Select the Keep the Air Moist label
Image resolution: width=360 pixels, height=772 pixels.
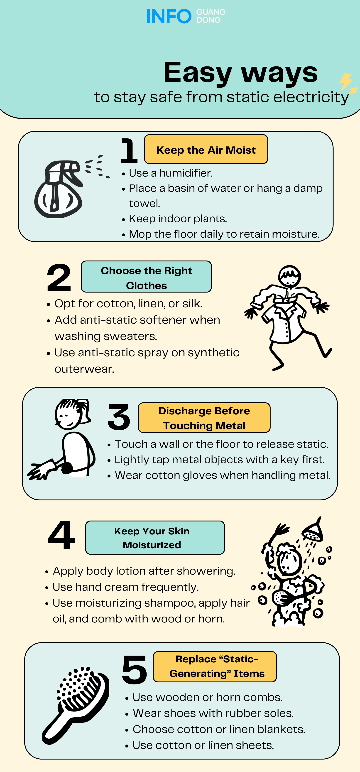click(206, 149)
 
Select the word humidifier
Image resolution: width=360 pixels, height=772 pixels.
click(186, 173)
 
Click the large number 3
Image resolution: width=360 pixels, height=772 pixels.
click(119, 417)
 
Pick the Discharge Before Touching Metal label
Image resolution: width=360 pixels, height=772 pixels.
click(204, 418)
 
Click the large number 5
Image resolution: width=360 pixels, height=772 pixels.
click(135, 670)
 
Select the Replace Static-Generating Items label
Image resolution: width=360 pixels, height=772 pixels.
click(215, 666)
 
